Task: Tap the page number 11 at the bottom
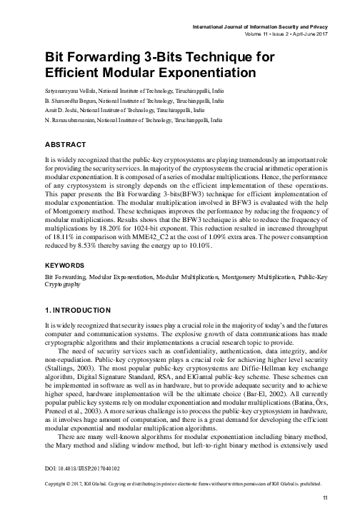tap(325, 497)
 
